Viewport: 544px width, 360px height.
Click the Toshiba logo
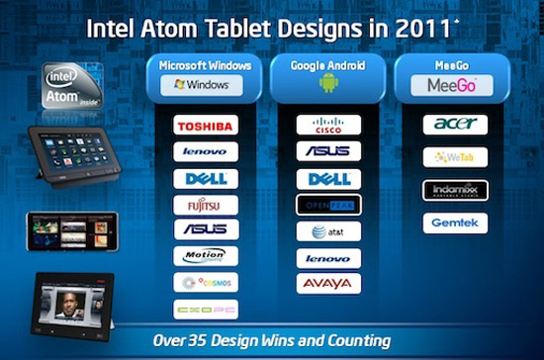(x=206, y=126)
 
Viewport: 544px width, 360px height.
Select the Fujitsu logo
(x=206, y=205)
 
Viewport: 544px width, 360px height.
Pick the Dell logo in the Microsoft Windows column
(x=206, y=179)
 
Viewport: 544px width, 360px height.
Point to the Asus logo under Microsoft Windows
(x=206, y=230)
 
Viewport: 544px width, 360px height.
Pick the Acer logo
(x=455, y=125)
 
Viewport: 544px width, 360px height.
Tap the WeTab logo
(x=455, y=157)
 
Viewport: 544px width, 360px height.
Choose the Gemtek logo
(x=455, y=224)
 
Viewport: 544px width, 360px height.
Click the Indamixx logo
(x=455, y=190)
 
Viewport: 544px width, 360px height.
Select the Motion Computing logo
(x=206, y=256)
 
